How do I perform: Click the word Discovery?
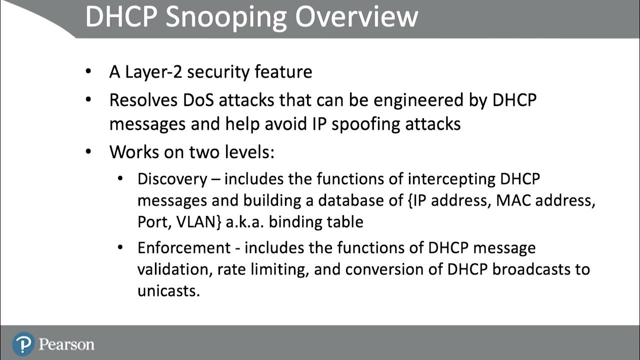(171, 179)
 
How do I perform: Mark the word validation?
(173, 269)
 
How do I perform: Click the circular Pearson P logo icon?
(23, 344)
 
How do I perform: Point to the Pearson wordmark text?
(66, 344)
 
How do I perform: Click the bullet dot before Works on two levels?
(88, 152)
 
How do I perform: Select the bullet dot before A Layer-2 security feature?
(88, 72)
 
